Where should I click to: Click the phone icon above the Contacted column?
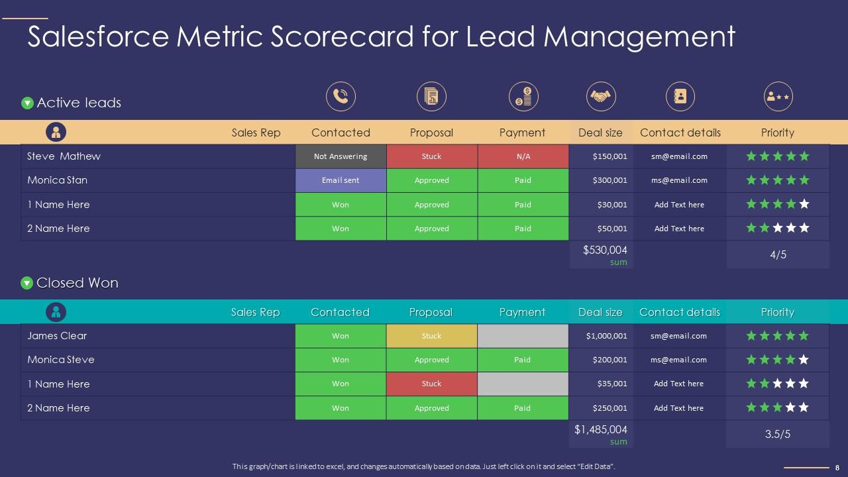pos(341,97)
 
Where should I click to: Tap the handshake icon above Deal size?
pos(601,97)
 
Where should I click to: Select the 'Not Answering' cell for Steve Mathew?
pos(341,156)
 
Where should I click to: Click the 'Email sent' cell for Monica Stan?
pos(341,180)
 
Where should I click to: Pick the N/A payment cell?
pos(523,156)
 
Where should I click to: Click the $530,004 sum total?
pos(605,250)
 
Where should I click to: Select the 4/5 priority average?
pos(778,254)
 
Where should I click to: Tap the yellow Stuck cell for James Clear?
pos(431,336)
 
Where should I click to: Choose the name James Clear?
pos(57,336)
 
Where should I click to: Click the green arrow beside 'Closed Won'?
pos(27,283)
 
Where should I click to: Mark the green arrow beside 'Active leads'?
pos(27,103)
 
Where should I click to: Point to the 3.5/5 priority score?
pos(778,435)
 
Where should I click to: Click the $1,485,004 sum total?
pos(600,430)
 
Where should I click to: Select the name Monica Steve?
pos(61,360)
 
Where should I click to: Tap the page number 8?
pos(837,468)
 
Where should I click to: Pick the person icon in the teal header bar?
pos(56,312)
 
